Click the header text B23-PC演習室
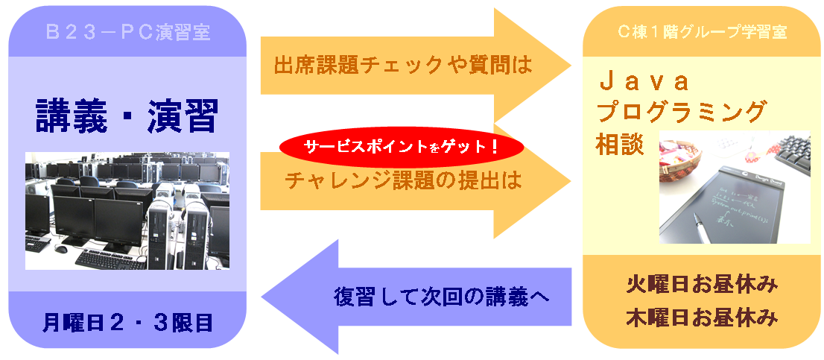pyautogui.click(x=127, y=33)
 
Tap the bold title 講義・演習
pyautogui.click(x=127, y=117)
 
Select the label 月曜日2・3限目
pyautogui.click(x=127, y=323)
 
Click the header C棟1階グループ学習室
pyautogui.click(x=702, y=32)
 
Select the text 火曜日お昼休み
pyautogui.click(x=702, y=286)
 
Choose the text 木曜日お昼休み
pyautogui.click(x=702, y=318)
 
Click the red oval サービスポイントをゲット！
pyautogui.click(x=402, y=147)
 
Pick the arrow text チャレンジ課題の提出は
pyautogui.click(x=403, y=181)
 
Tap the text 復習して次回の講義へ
pyautogui.click(x=441, y=297)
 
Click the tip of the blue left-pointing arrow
pyautogui.click(x=262, y=297)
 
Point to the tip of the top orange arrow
pyautogui.click(x=571, y=66)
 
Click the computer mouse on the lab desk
pyautogui.click(x=61, y=249)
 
